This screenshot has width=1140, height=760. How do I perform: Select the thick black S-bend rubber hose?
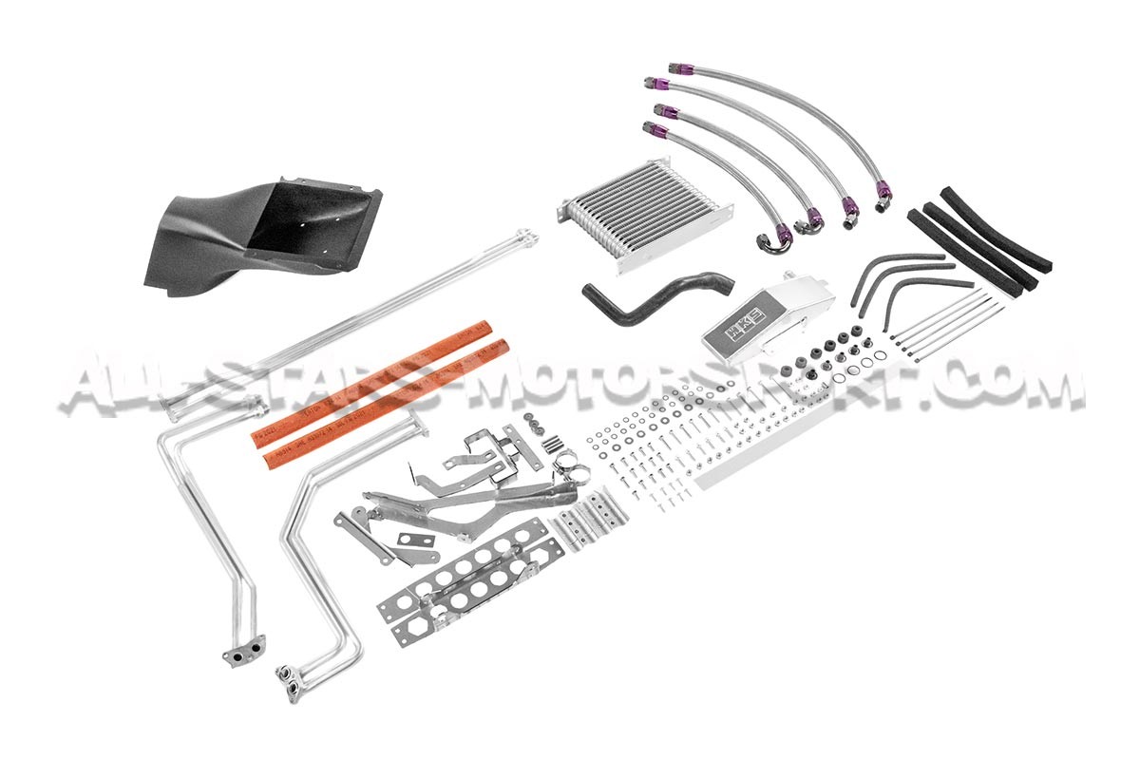656,295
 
